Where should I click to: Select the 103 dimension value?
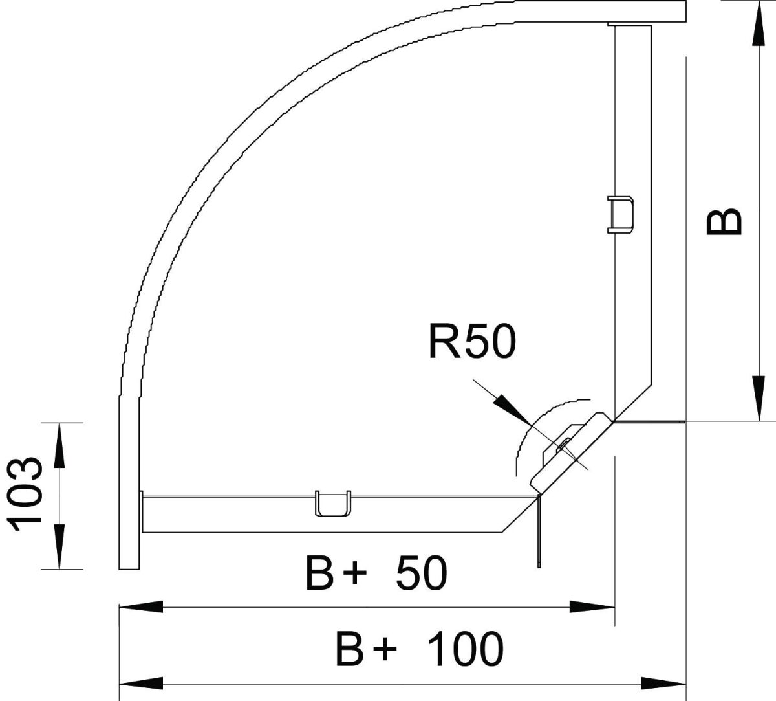click(28, 496)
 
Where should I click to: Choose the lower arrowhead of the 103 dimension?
click(59, 547)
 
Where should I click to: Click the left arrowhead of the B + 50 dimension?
click(141, 607)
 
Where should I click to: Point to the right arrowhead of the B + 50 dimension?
click(592, 607)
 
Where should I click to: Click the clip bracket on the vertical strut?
click(620, 214)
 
